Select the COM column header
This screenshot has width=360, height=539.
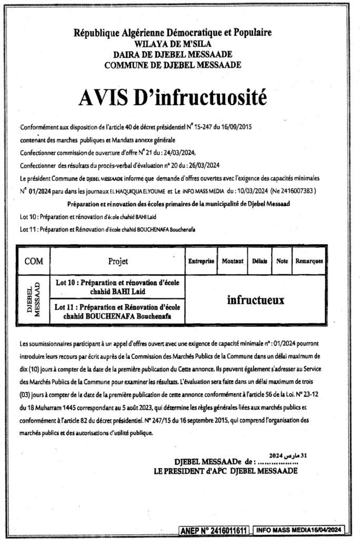[x=34, y=261]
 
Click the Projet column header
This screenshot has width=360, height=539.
[x=118, y=261]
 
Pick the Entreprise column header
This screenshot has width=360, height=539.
[x=201, y=261]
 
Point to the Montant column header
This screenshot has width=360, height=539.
[x=233, y=261]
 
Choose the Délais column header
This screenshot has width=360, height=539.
[x=259, y=261]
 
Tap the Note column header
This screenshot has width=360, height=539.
[x=282, y=261]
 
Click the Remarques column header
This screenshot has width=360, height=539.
[x=309, y=261]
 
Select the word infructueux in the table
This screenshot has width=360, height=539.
[x=255, y=300]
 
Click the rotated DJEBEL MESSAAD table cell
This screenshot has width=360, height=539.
[x=34, y=300]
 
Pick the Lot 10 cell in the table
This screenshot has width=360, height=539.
[x=118, y=287]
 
